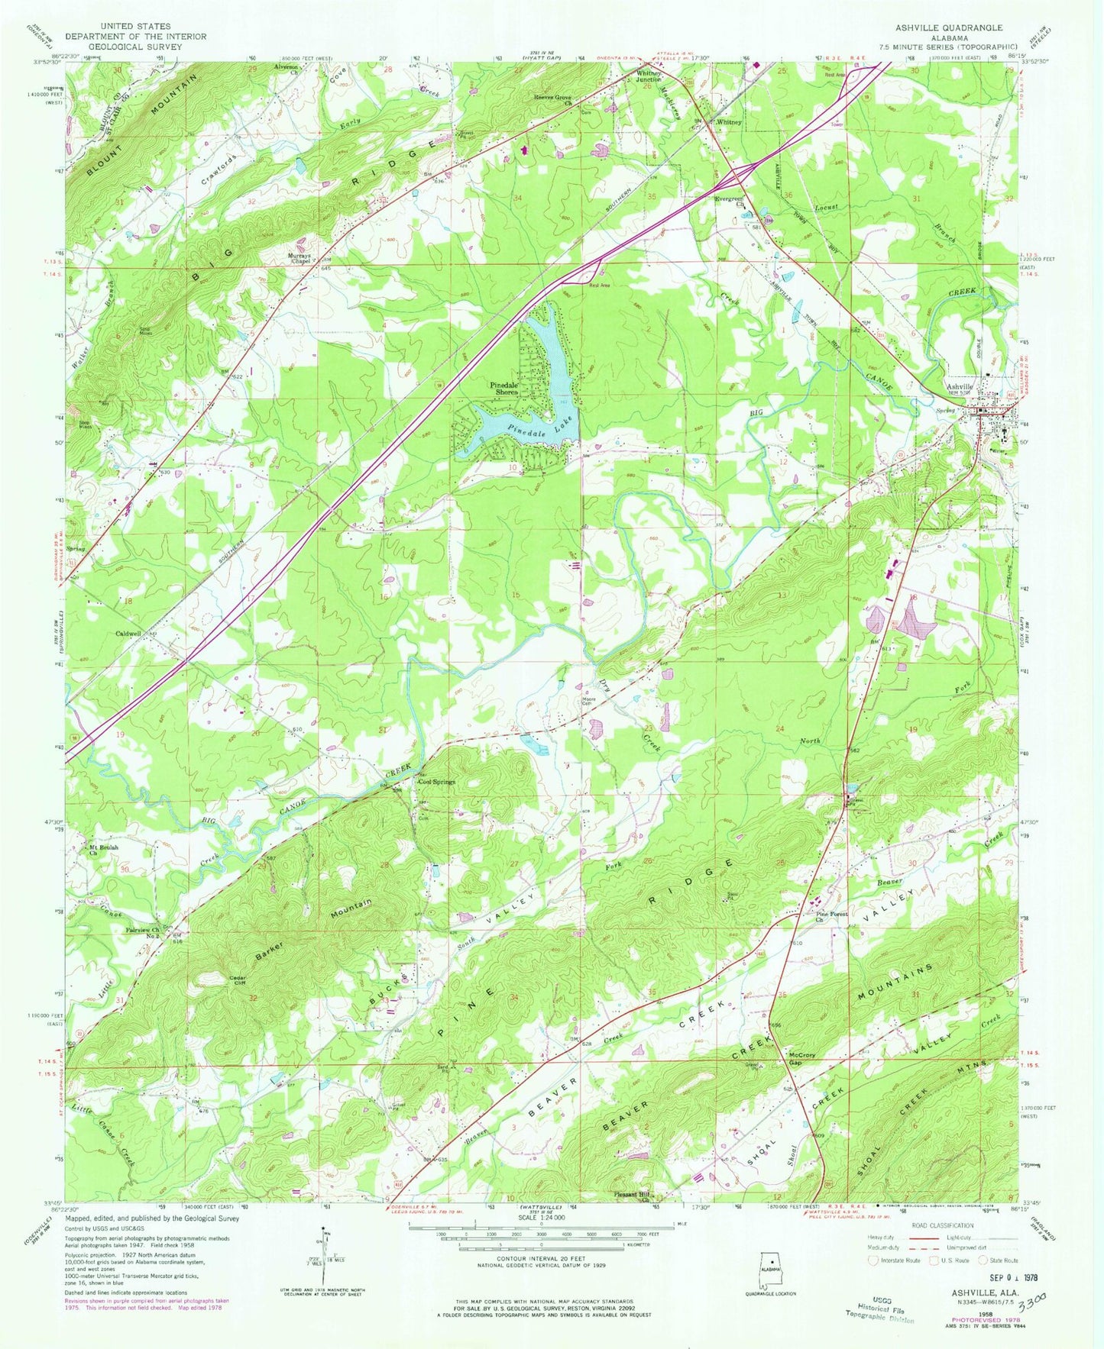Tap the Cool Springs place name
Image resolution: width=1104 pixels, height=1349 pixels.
click(x=436, y=782)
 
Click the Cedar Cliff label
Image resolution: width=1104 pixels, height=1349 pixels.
click(x=221, y=980)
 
